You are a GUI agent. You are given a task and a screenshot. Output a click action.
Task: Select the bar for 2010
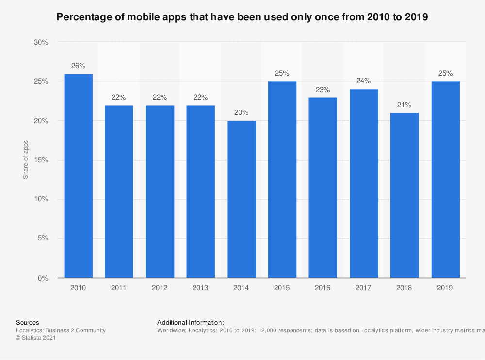[78, 176]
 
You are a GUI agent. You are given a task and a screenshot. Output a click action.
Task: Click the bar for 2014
[241, 199]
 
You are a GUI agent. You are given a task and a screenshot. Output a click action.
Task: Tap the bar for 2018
[404, 195]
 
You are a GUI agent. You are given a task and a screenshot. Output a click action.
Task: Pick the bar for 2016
[323, 188]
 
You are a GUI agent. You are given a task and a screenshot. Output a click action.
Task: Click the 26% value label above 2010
[78, 66]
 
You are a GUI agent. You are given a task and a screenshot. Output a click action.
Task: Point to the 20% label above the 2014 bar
[241, 113]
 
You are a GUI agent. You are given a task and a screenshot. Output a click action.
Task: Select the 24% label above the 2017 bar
[363, 81]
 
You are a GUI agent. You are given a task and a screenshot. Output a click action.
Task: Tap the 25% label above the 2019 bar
[445, 74]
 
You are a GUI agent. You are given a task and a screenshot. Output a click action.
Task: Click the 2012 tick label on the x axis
[160, 288]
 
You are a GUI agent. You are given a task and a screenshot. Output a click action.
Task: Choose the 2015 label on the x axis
[282, 288]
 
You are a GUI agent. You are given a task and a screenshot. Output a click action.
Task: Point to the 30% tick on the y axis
[41, 43]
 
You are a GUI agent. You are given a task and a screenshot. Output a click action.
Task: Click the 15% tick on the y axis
[41, 160]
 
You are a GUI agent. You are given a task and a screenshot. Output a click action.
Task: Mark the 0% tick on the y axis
[43, 278]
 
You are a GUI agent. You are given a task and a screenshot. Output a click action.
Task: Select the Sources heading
[28, 322]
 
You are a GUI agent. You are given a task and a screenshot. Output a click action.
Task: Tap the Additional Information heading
[190, 322]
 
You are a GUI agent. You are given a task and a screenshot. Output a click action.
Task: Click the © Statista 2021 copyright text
[36, 338]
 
